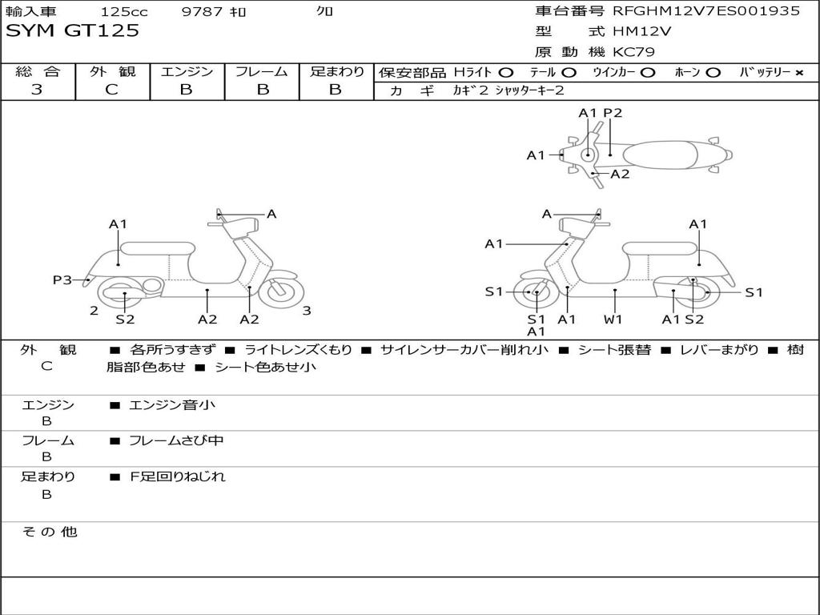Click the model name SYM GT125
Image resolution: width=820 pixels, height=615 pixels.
pyautogui.click(x=73, y=31)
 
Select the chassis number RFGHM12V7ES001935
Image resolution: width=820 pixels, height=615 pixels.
pyautogui.click(x=706, y=11)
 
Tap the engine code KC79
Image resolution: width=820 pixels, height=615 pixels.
pyautogui.click(x=634, y=52)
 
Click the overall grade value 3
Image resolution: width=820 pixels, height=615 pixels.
pyautogui.click(x=37, y=90)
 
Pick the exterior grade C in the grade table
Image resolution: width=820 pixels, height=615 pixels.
pyautogui.click(x=111, y=90)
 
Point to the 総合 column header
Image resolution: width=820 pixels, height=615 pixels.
pyautogui.click(x=38, y=71)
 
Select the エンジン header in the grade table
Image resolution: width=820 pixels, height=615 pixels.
pyautogui.click(x=187, y=71)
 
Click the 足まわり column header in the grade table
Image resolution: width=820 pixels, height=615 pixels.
pyautogui.click(x=336, y=71)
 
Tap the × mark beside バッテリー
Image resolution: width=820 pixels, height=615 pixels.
pyautogui.click(x=798, y=72)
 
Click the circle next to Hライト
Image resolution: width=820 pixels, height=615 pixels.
pyautogui.click(x=506, y=72)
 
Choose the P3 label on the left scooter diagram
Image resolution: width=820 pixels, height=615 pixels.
pyautogui.click(x=62, y=279)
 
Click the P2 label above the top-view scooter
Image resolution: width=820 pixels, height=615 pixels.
pyautogui.click(x=613, y=113)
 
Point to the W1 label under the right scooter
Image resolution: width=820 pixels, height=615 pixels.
pyautogui.click(x=613, y=320)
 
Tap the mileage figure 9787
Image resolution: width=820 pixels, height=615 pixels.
pyautogui.click(x=202, y=12)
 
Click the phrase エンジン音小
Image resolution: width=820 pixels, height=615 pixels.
pyautogui.click(x=172, y=405)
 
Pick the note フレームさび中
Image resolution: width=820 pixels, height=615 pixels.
pyautogui.click(x=177, y=440)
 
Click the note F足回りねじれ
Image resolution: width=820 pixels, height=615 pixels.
pyautogui.click(x=178, y=476)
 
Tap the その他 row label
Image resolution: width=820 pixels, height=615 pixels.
pyautogui.click(x=49, y=531)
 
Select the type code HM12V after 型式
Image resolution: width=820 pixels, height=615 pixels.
pyautogui.click(x=641, y=32)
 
